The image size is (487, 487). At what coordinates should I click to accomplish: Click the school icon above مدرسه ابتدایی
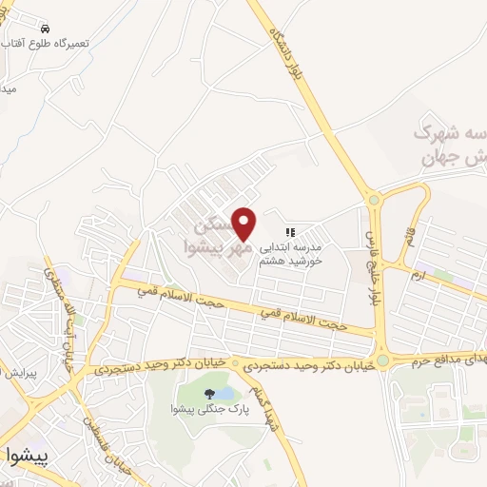292,231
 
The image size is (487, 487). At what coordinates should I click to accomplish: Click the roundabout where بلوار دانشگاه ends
373,201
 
